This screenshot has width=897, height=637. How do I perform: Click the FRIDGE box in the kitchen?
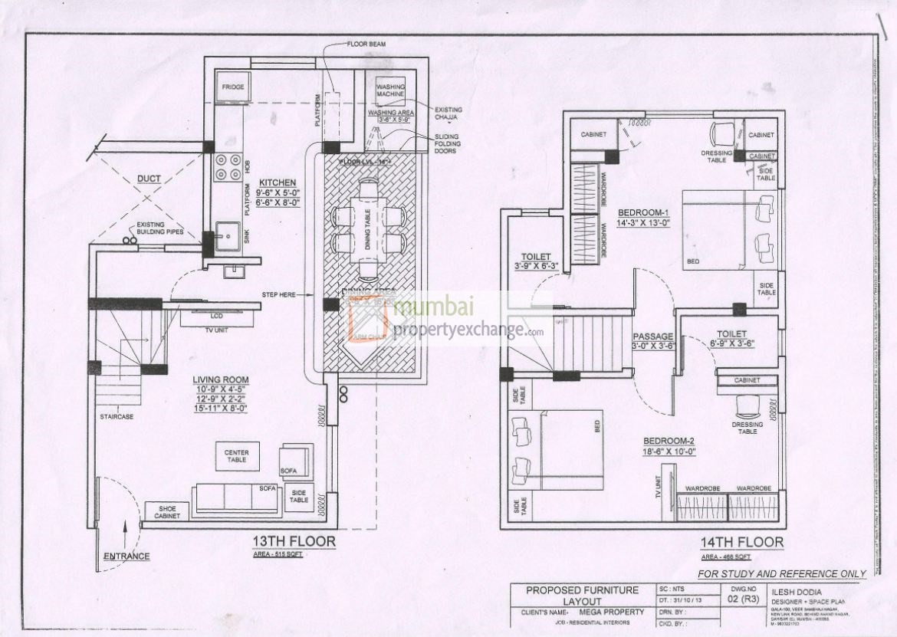[x=233, y=87]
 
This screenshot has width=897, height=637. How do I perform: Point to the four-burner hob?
[x=228, y=167]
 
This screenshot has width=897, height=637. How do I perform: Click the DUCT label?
[x=149, y=179]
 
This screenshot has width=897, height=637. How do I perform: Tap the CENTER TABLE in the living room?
[x=236, y=455]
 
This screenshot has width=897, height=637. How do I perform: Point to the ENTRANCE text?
[x=128, y=556]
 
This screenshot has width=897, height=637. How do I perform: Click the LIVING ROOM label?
[x=221, y=379]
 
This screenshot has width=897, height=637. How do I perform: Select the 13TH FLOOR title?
[x=294, y=542]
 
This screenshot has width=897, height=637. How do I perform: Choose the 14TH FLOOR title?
[x=741, y=543]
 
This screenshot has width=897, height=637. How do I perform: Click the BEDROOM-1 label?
[x=644, y=212]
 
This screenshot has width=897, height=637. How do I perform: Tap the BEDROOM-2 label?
[x=669, y=441]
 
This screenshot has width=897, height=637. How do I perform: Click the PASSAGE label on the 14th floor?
[x=652, y=337]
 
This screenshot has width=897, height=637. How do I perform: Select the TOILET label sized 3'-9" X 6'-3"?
[x=536, y=258]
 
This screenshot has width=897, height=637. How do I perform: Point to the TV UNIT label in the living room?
[x=218, y=330]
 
